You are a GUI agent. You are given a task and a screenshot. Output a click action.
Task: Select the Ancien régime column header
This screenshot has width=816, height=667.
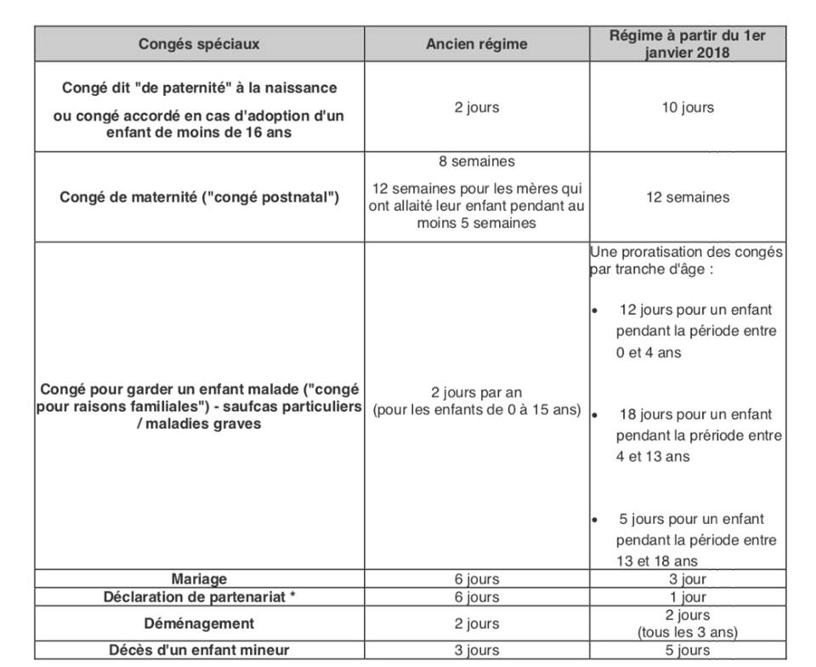pos(476,44)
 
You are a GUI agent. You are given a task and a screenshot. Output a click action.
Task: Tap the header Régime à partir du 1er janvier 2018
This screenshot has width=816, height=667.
pos(686,43)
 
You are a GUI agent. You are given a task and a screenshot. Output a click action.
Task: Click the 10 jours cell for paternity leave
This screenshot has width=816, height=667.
pos(686,108)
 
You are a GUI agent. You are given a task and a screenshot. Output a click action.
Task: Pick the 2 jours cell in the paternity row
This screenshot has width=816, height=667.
pos(476,108)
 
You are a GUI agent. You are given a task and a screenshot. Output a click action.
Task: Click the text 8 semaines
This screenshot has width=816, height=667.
pos(476,162)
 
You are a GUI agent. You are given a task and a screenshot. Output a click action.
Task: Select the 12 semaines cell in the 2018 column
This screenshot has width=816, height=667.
pos(686,197)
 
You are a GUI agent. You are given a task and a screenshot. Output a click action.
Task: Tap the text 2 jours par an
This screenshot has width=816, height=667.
pos(476,393)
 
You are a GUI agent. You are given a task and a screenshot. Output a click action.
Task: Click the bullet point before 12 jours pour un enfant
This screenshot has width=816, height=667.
pos(595,311)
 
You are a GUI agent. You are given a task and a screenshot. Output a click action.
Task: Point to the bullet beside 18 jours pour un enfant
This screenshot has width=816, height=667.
pos(595,415)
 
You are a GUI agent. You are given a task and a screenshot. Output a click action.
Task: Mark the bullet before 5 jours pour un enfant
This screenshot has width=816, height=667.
pos(595,520)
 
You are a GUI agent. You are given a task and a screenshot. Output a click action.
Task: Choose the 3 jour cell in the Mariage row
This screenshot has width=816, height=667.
pos(686,579)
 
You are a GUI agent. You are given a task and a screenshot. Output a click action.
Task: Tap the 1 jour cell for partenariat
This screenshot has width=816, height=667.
pos(686,597)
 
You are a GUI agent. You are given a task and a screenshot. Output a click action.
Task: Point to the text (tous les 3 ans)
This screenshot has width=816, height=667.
pos(686,632)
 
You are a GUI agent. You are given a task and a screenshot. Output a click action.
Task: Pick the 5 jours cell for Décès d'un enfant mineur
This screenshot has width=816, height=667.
pos(686,651)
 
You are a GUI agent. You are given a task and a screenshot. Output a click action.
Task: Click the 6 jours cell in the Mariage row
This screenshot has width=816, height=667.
pos(476,579)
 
